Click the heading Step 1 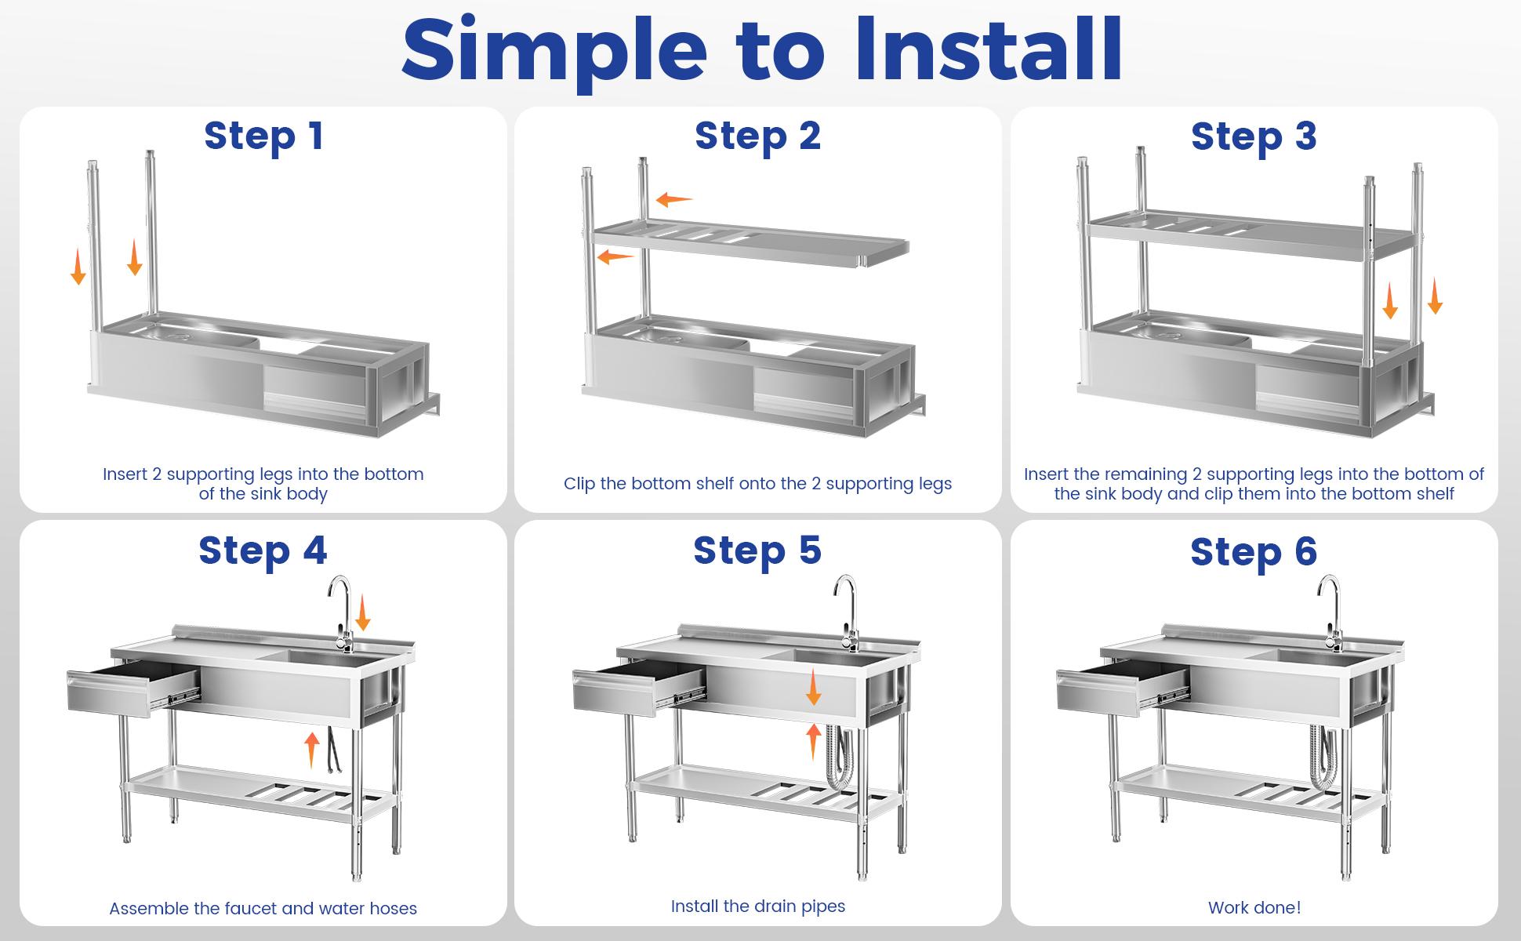point(263,136)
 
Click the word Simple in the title point(554,50)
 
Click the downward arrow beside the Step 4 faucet point(362,612)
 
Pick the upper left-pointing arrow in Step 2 point(674,199)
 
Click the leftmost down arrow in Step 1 point(78,267)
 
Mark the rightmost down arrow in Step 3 point(1435,296)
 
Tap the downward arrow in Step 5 point(814,687)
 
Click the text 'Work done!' point(1254,907)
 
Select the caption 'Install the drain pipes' point(757,906)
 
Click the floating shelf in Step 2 point(749,244)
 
